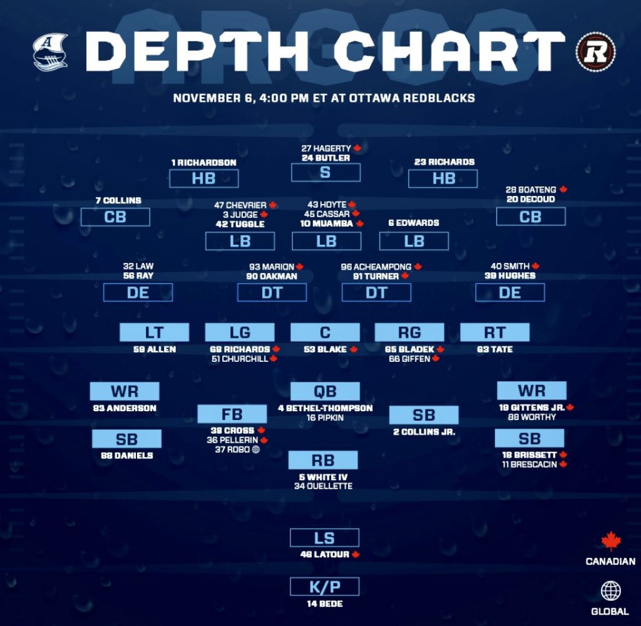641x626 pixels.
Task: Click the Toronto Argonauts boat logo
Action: [50, 51]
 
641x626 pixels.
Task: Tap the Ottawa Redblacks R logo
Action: [595, 51]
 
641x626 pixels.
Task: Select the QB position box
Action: [324, 392]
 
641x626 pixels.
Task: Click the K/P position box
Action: [324, 587]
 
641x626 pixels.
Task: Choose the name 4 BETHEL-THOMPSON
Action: [325, 408]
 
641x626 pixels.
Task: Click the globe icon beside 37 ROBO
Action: [255, 449]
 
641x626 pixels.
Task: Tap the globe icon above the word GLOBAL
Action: [610, 591]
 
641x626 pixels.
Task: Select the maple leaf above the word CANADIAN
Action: [610, 541]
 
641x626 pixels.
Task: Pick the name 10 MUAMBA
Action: [322, 224]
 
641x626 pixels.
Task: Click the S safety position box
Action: [324, 172]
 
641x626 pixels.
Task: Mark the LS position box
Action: [324, 538]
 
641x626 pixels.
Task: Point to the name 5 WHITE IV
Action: [323, 476]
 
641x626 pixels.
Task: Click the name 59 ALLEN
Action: [154, 349]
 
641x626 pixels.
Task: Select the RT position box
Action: [495, 332]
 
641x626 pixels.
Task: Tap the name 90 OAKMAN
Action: [272, 276]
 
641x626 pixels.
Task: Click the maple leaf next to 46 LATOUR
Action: [356, 555]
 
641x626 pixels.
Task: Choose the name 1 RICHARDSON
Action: [203, 163]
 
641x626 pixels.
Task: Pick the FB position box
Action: [232, 414]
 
